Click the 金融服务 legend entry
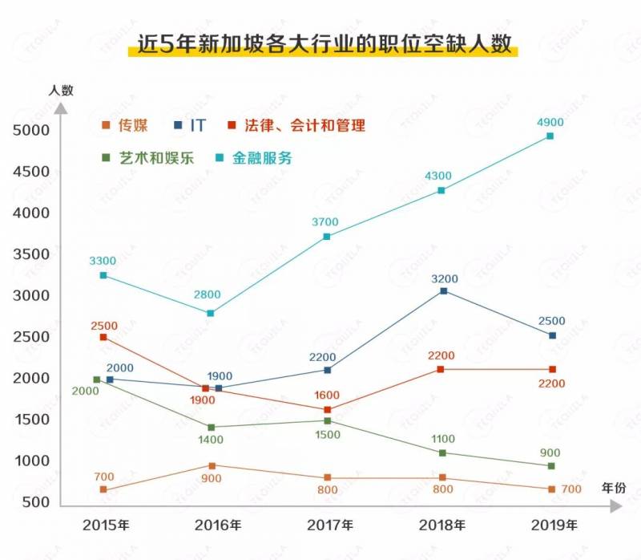pos(254,158)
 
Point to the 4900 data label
pos(550,122)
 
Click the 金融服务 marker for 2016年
pos(210,313)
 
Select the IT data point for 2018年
pos(444,290)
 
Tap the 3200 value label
pos(445,278)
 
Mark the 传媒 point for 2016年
pos(212,465)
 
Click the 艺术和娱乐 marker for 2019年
pos(550,465)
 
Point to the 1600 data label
pos(328,394)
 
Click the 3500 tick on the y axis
pos(30,254)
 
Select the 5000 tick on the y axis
pos(30,130)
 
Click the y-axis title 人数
pos(60,90)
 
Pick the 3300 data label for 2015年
pos(103,261)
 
